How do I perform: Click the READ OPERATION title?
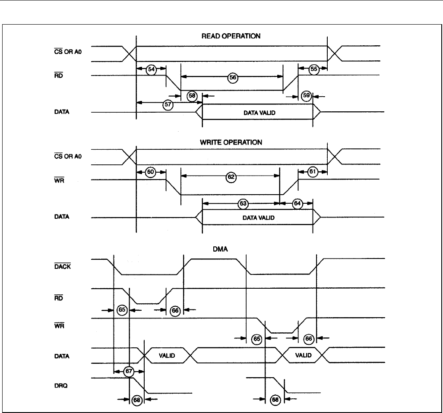point(231,36)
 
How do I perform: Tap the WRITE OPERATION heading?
point(231,142)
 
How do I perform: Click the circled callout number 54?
point(151,69)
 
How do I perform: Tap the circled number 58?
point(192,96)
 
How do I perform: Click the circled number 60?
point(151,172)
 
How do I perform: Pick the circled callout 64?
point(297,203)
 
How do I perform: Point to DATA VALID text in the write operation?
point(258,218)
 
